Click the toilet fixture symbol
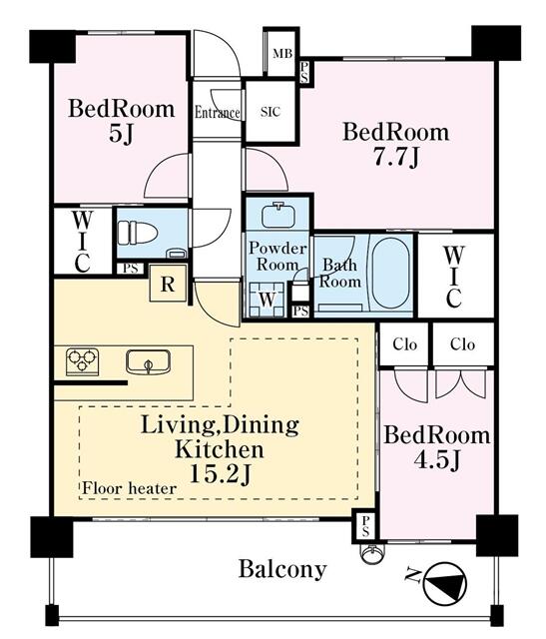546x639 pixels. pyautogui.click(x=138, y=233)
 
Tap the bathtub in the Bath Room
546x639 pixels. pyautogui.click(x=390, y=273)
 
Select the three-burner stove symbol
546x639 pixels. pyautogui.click(x=83, y=361)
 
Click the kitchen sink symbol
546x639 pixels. pyautogui.click(x=148, y=361)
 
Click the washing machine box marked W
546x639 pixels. pyautogui.click(x=267, y=300)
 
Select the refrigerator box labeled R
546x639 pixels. pyautogui.click(x=168, y=284)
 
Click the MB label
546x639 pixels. pyautogui.click(x=282, y=53)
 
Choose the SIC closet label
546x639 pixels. pyautogui.click(x=271, y=112)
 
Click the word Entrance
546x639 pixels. pyautogui.click(x=218, y=113)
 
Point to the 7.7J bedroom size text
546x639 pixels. pyautogui.click(x=395, y=157)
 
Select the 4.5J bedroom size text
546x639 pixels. pyautogui.click(x=437, y=460)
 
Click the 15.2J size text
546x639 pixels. pyautogui.click(x=220, y=474)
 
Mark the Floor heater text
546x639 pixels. pyautogui.click(x=129, y=488)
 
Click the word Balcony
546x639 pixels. pyautogui.click(x=282, y=569)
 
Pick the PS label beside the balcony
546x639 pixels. pyautogui.click(x=365, y=526)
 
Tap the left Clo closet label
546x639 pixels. pyautogui.click(x=404, y=344)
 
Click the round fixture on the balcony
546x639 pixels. pyautogui.click(x=371, y=554)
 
